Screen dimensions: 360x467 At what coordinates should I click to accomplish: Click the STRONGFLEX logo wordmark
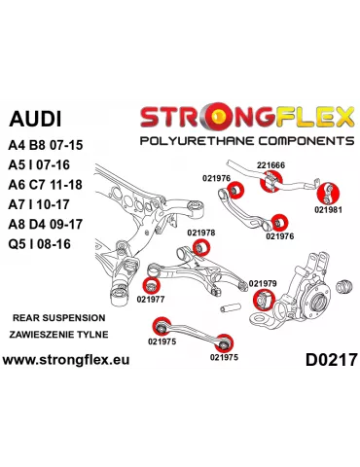[246, 118]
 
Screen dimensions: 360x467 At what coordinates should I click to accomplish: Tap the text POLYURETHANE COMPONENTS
[246, 141]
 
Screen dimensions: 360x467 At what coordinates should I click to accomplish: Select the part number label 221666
[271, 165]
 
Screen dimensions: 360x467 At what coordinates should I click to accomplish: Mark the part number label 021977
[151, 299]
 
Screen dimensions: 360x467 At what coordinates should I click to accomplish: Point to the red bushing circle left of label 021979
[261, 298]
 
